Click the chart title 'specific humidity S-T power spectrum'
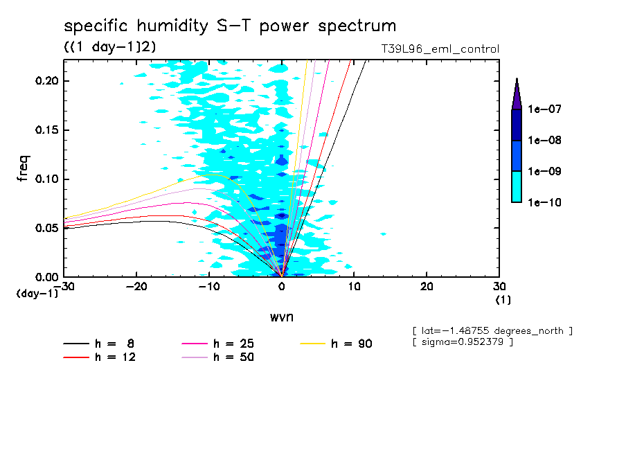click(230, 26)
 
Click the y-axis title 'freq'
click(24, 168)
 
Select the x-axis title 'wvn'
click(281, 317)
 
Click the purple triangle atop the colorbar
click(516, 94)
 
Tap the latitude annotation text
click(492, 331)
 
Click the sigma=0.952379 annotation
click(463, 343)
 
